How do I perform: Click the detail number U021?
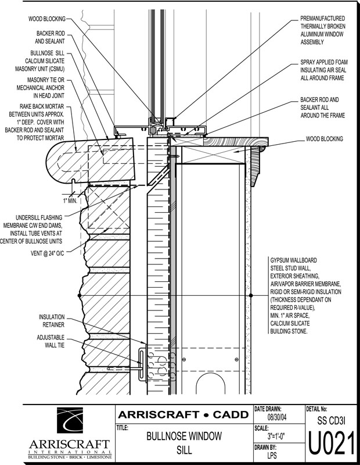coord(331,445)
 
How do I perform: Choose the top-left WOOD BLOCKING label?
coord(47,19)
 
